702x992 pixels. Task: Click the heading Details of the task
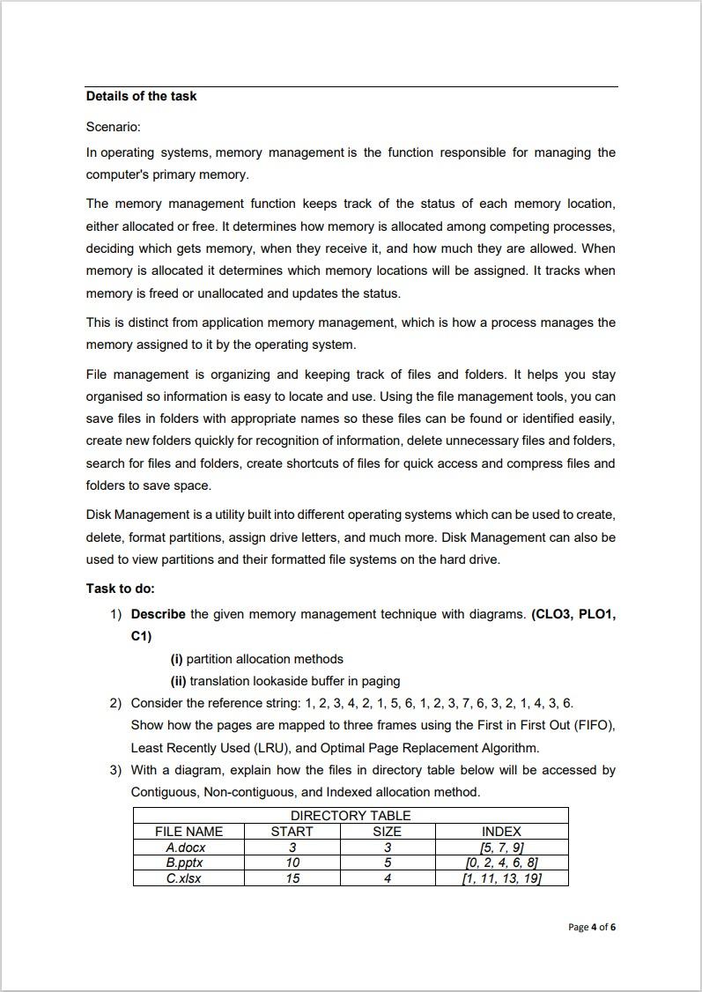[141, 96]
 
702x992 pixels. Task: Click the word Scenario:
[114, 127]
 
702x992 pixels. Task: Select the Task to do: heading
[120, 589]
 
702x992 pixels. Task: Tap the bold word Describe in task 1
[158, 614]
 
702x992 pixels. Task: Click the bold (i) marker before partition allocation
[176, 659]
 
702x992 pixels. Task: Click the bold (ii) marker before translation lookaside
[178, 681]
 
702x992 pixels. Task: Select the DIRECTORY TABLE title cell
[351, 816]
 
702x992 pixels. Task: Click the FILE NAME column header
[188, 832]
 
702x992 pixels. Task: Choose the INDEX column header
[501, 832]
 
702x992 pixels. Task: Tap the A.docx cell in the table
[186, 848]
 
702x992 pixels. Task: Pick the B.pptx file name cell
[186, 862]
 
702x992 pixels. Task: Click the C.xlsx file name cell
[183, 878]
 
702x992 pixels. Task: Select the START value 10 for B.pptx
[292, 862]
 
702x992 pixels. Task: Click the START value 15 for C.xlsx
[292, 878]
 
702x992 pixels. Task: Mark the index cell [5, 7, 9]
[501, 848]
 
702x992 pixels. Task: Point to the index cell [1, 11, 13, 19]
[501, 878]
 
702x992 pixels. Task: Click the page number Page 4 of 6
[592, 927]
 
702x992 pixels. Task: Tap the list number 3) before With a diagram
[115, 770]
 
